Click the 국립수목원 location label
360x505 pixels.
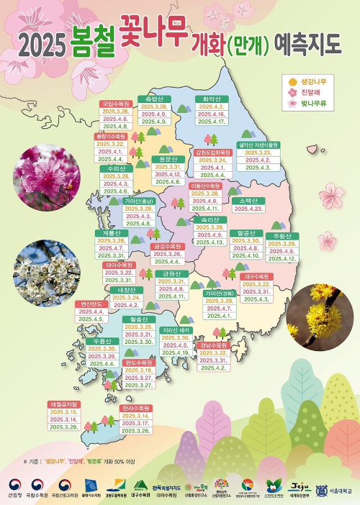(115, 104)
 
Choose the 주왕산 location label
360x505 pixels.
(282, 236)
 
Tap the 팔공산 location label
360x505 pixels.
(246, 233)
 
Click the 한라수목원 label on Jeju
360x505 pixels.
(136, 408)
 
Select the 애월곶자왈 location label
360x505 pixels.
(64, 404)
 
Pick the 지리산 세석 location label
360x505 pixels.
(176, 330)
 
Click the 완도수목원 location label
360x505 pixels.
(138, 363)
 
